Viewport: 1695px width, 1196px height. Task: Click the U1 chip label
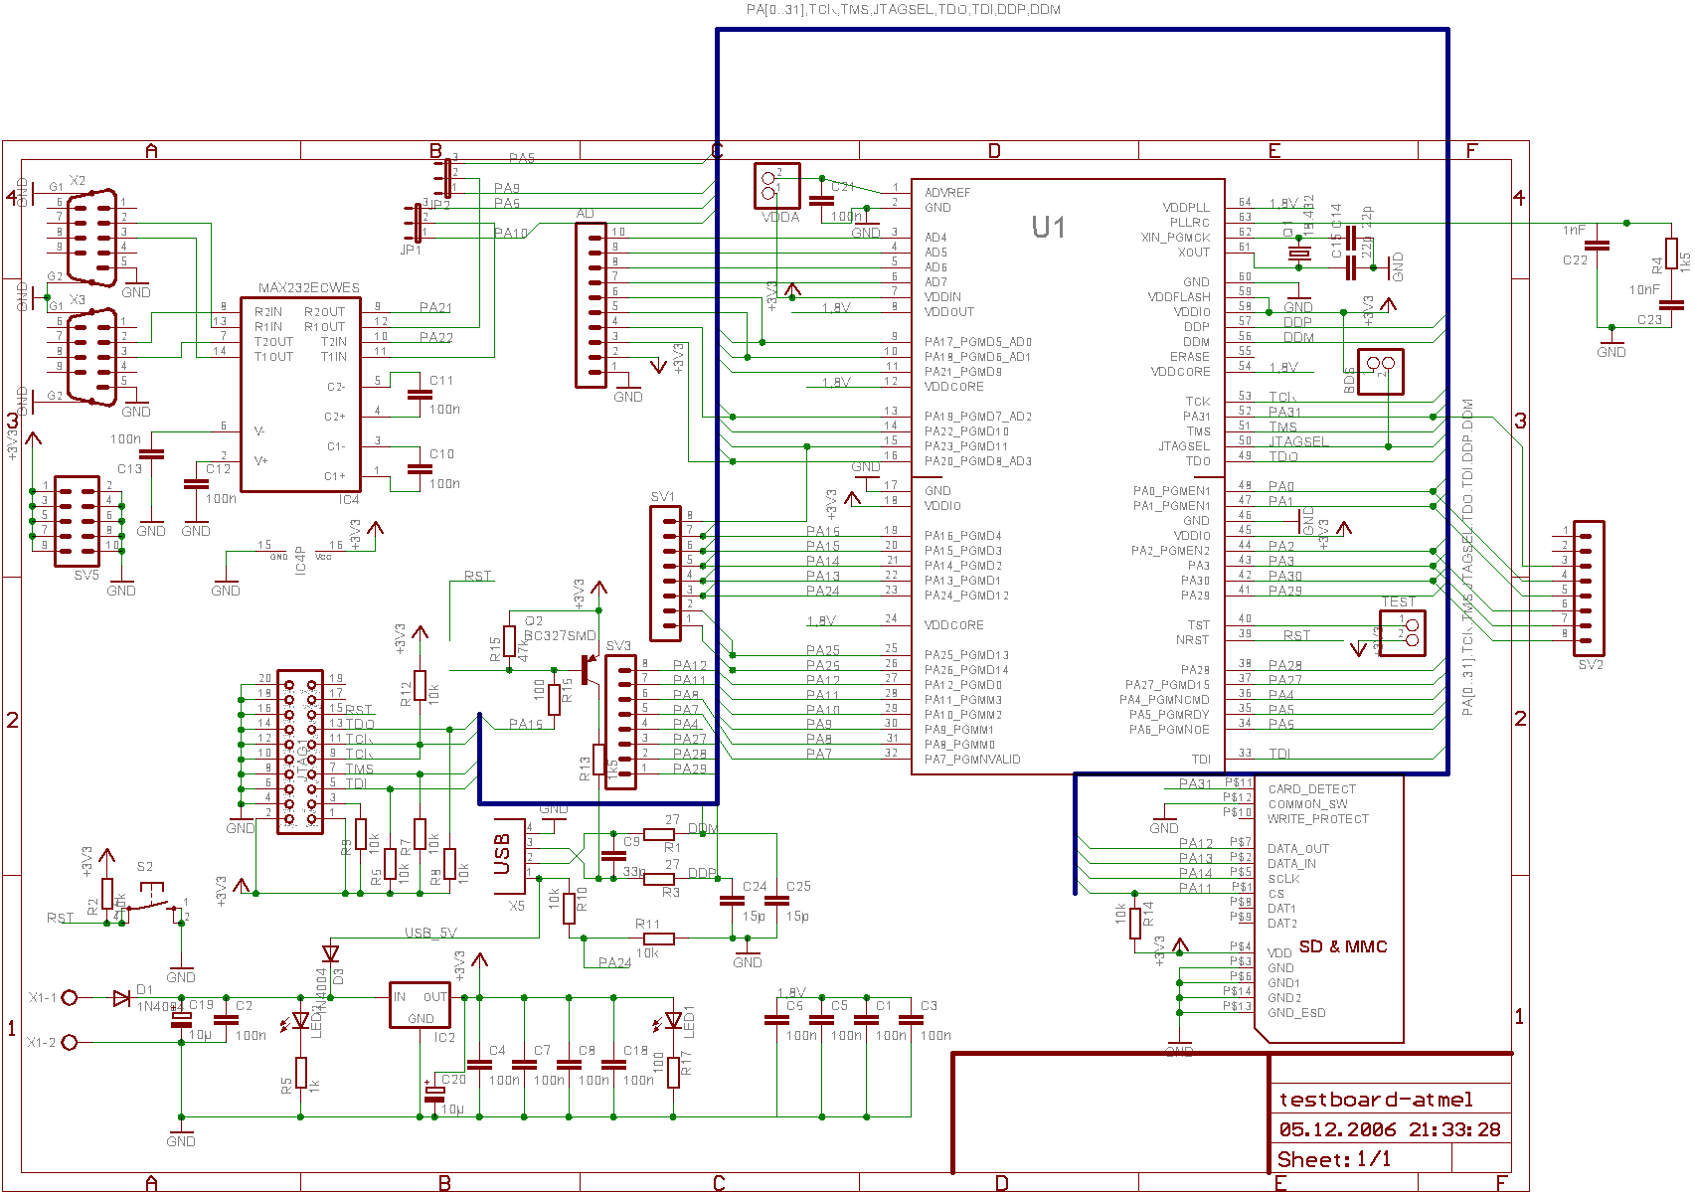click(1048, 228)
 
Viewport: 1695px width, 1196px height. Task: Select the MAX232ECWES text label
click(308, 288)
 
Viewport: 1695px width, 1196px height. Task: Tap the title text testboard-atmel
click(1375, 1100)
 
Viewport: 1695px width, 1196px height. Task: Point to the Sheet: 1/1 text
click(1333, 1160)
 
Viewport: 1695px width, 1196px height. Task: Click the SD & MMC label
click(1342, 947)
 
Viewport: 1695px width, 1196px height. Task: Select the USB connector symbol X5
click(509, 856)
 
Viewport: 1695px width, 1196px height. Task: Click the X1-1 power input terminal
click(71, 997)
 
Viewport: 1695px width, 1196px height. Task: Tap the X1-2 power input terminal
click(71, 1042)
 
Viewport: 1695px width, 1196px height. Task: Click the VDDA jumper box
click(776, 186)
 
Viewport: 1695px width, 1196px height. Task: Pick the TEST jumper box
click(1402, 632)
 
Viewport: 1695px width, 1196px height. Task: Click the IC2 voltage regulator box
click(420, 1004)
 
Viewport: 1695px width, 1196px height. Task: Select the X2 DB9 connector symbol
click(91, 239)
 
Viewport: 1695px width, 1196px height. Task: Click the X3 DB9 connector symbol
click(91, 357)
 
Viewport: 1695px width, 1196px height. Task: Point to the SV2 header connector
click(1589, 588)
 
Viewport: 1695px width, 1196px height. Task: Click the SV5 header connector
click(77, 521)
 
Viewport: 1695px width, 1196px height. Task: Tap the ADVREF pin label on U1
click(947, 193)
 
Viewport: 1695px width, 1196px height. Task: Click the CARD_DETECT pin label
click(1311, 789)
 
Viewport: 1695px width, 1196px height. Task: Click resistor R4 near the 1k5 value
click(1671, 255)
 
